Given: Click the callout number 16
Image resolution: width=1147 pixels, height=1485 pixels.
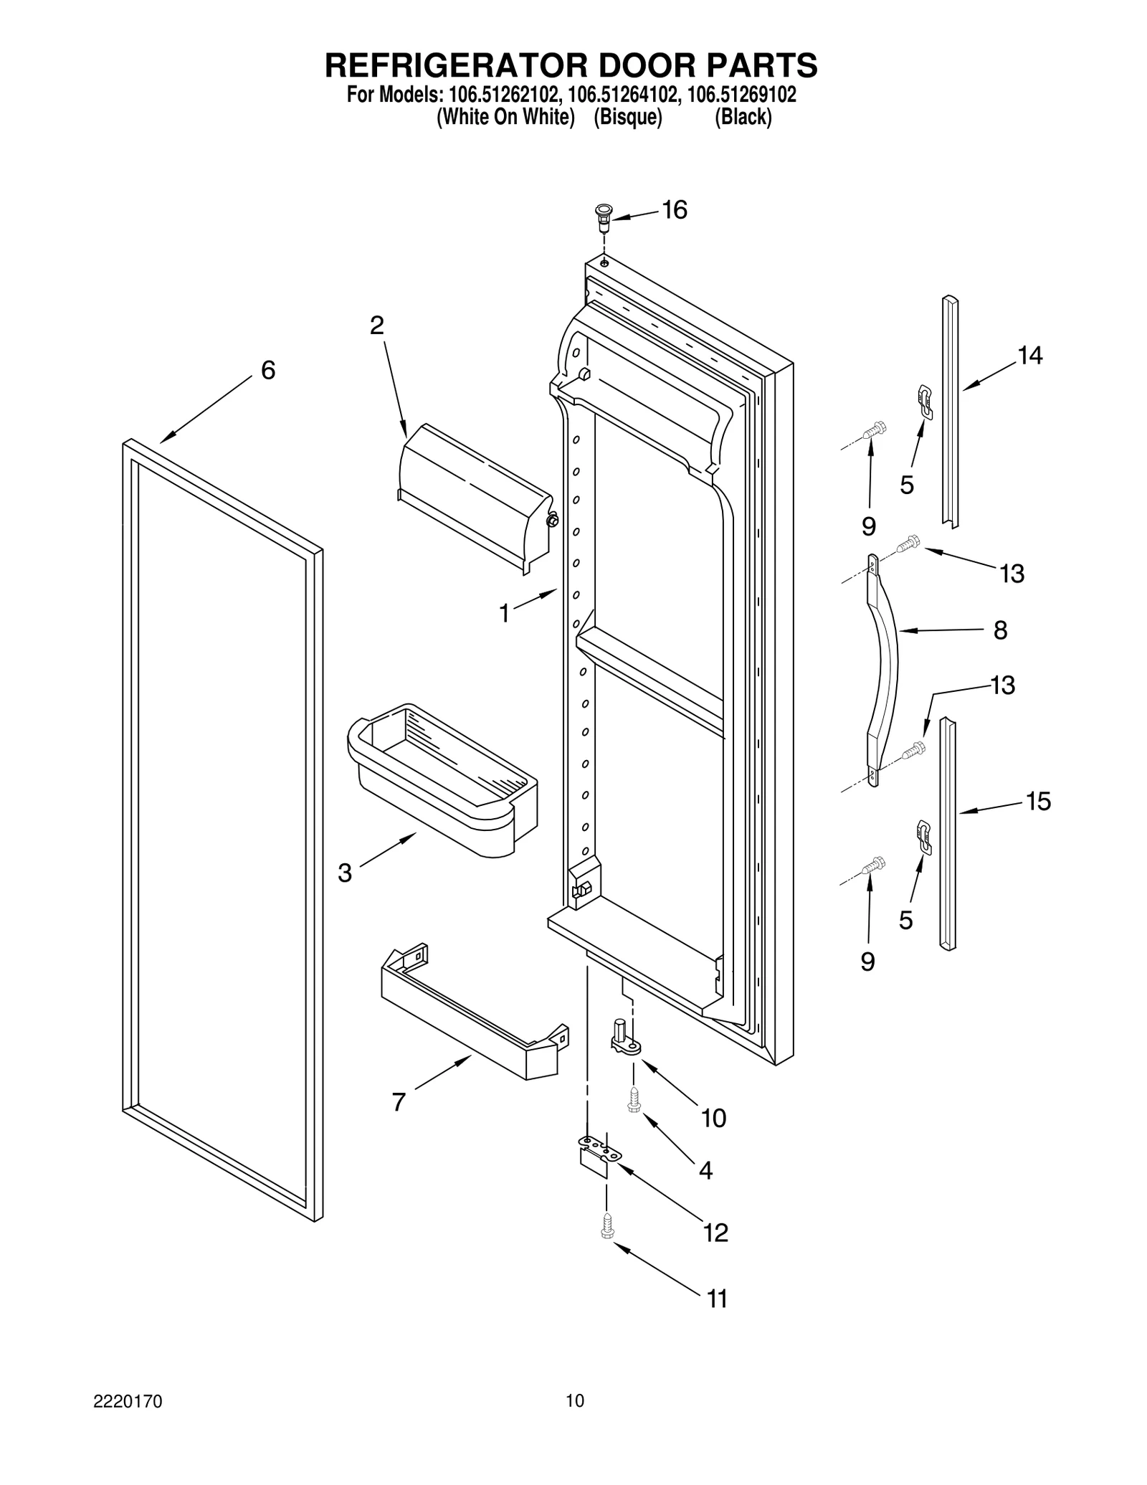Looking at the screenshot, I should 674,210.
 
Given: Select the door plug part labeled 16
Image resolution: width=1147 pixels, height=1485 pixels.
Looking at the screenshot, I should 603,214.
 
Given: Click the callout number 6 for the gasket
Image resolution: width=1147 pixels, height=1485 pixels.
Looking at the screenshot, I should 267,370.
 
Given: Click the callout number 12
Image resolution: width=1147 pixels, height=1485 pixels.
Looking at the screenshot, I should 715,1233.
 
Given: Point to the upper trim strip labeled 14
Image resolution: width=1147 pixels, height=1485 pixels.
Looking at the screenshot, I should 950,412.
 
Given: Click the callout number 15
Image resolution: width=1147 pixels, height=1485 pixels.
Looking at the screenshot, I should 1038,801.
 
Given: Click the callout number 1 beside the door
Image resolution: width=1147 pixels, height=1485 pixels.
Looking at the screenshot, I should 505,613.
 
